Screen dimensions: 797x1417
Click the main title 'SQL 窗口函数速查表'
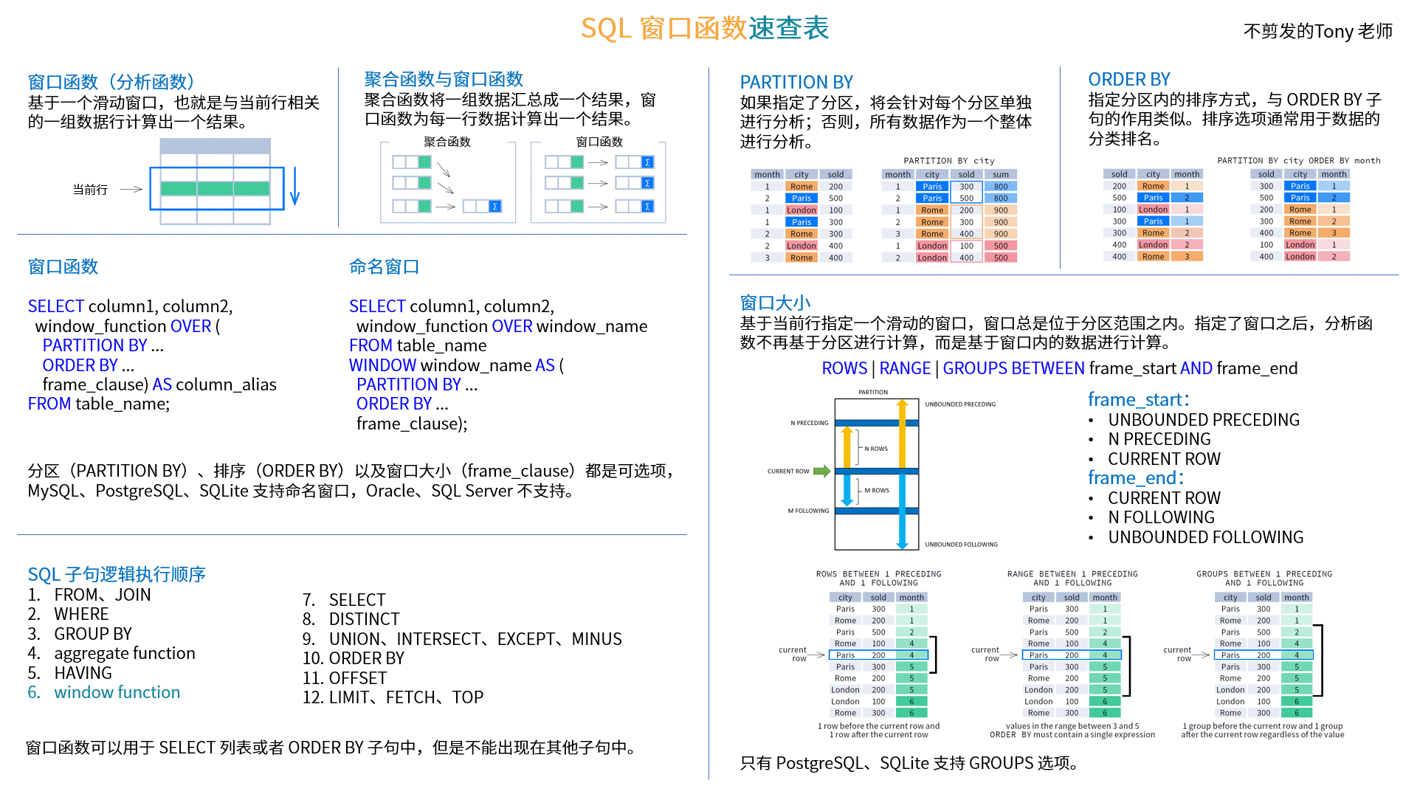(x=705, y=28)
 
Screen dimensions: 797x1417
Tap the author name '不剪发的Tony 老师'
(x=1317, y=31)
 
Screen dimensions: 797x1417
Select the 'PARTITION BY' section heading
(x=796, y=82)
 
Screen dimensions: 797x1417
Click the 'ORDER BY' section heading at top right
(x=1128, y=79)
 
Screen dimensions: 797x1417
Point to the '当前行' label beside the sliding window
(x=90, y=190)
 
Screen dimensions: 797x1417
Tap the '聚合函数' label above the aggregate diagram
(x=447, y=142)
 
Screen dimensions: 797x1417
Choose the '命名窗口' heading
(x=384, y=266)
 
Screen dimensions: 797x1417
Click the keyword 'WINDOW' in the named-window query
(x=382, y=365)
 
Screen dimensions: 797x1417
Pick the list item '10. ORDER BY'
(x=354, y=658)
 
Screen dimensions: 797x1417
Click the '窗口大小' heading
(x=775, y=303)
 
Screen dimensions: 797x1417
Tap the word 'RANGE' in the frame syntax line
(x=905, y=368)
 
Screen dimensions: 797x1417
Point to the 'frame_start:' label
(x=1139, y=399)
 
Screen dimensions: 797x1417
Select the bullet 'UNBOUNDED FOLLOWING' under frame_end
(x=1205, y=537)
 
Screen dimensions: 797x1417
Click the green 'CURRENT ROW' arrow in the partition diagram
(x=821, y=471)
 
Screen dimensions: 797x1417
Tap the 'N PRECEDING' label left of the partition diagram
(x=809, y=423)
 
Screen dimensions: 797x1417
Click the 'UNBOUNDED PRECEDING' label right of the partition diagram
(x=960, y=404)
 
